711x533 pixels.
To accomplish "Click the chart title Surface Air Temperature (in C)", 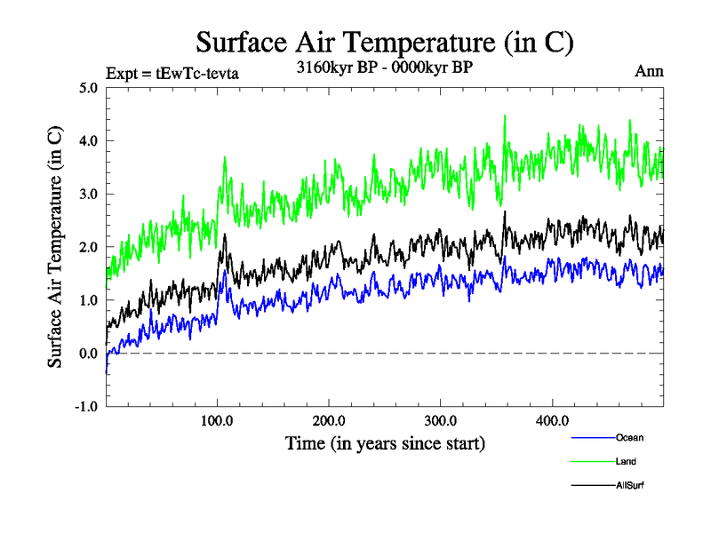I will point(384,42).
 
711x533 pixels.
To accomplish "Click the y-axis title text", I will point(55,247).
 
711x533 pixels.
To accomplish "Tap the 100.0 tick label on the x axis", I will point(218,420).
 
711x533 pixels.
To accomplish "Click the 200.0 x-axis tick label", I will point(329,420).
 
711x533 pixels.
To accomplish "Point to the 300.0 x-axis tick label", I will point(441,420).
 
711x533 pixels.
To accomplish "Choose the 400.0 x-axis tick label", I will point(552,420).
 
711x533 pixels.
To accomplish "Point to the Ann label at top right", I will point(648,71).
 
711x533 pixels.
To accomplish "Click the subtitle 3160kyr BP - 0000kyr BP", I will point(383,67).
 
